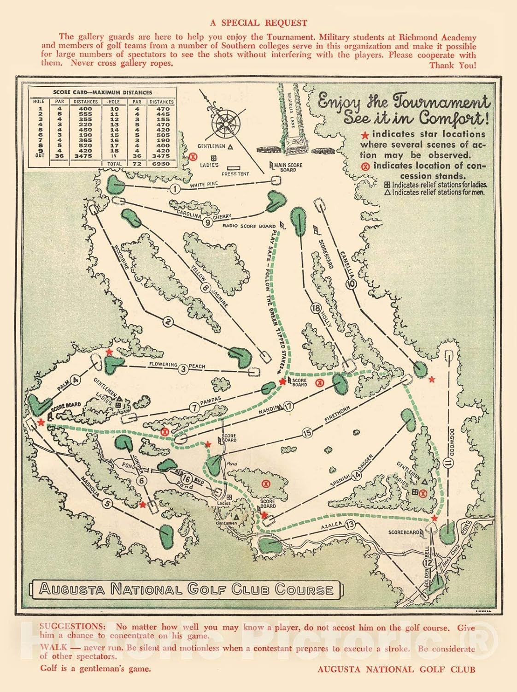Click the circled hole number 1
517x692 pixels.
(x=174, y=189)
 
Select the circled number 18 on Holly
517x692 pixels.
(x=316, y=308)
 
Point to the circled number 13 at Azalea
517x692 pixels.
(x=350, y=524)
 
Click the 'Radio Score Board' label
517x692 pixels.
(x=249, y=226)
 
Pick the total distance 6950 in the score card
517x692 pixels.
(x=161, y=164)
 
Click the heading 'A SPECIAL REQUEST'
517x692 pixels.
(x=258, y=23)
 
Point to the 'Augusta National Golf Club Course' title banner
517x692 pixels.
(x=186, y=589)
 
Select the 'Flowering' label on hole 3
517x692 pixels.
(x=163, y=364)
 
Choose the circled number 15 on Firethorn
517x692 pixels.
(x=307, y=433)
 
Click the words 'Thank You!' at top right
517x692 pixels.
(x=452, y=65)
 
